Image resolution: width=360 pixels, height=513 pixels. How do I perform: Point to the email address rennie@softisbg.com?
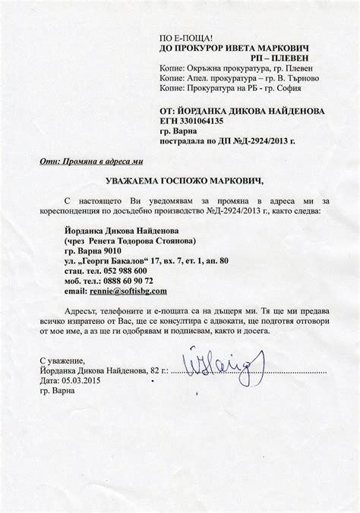[x=131, y=291]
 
